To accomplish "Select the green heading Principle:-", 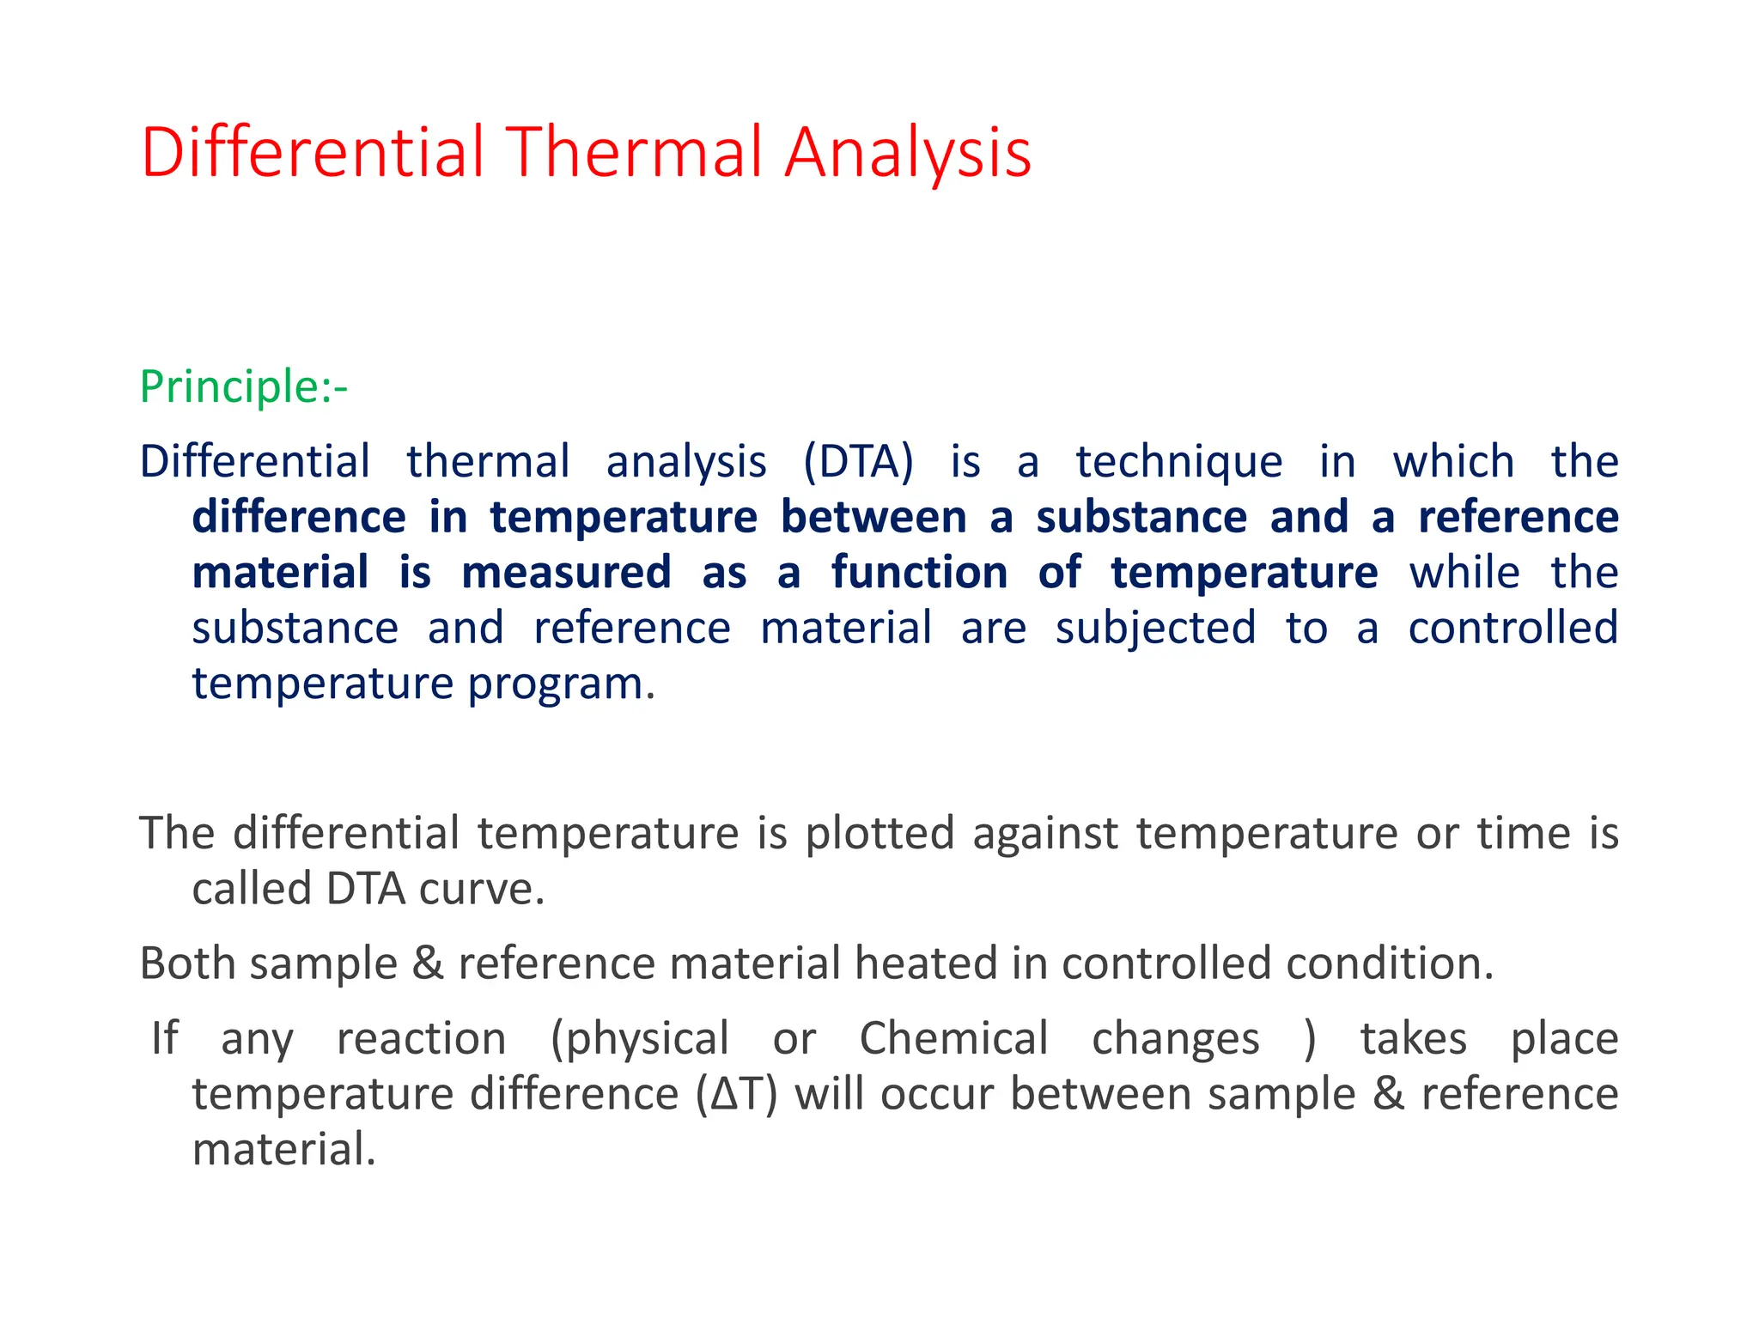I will [x=243, y=387].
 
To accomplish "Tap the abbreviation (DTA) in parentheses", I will [x=858, y=463].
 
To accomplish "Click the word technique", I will [x=1178, y=463].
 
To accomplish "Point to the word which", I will [x=1453, y=461].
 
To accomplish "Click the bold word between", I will [x=873, y=518].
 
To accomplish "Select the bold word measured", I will [x=566, y=573].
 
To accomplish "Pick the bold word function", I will [x=919, y=573].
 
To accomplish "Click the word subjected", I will [x=1155, y=629].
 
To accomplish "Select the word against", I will [x=1045, y=834].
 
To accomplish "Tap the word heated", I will [x=925, y=963].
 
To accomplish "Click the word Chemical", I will [x=953, y=1039].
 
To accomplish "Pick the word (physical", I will [x=639, y=1040].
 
